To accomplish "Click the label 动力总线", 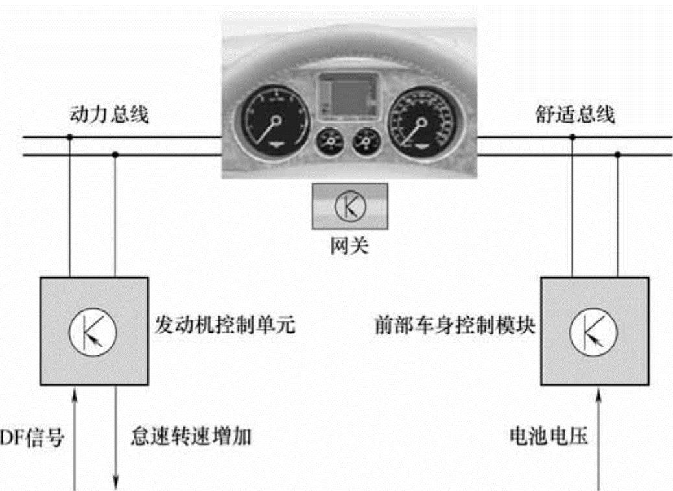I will point(108,116).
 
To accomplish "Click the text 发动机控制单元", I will point(226,324).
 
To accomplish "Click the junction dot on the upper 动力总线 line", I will point(69,138).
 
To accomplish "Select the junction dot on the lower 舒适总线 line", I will point(618,155).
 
